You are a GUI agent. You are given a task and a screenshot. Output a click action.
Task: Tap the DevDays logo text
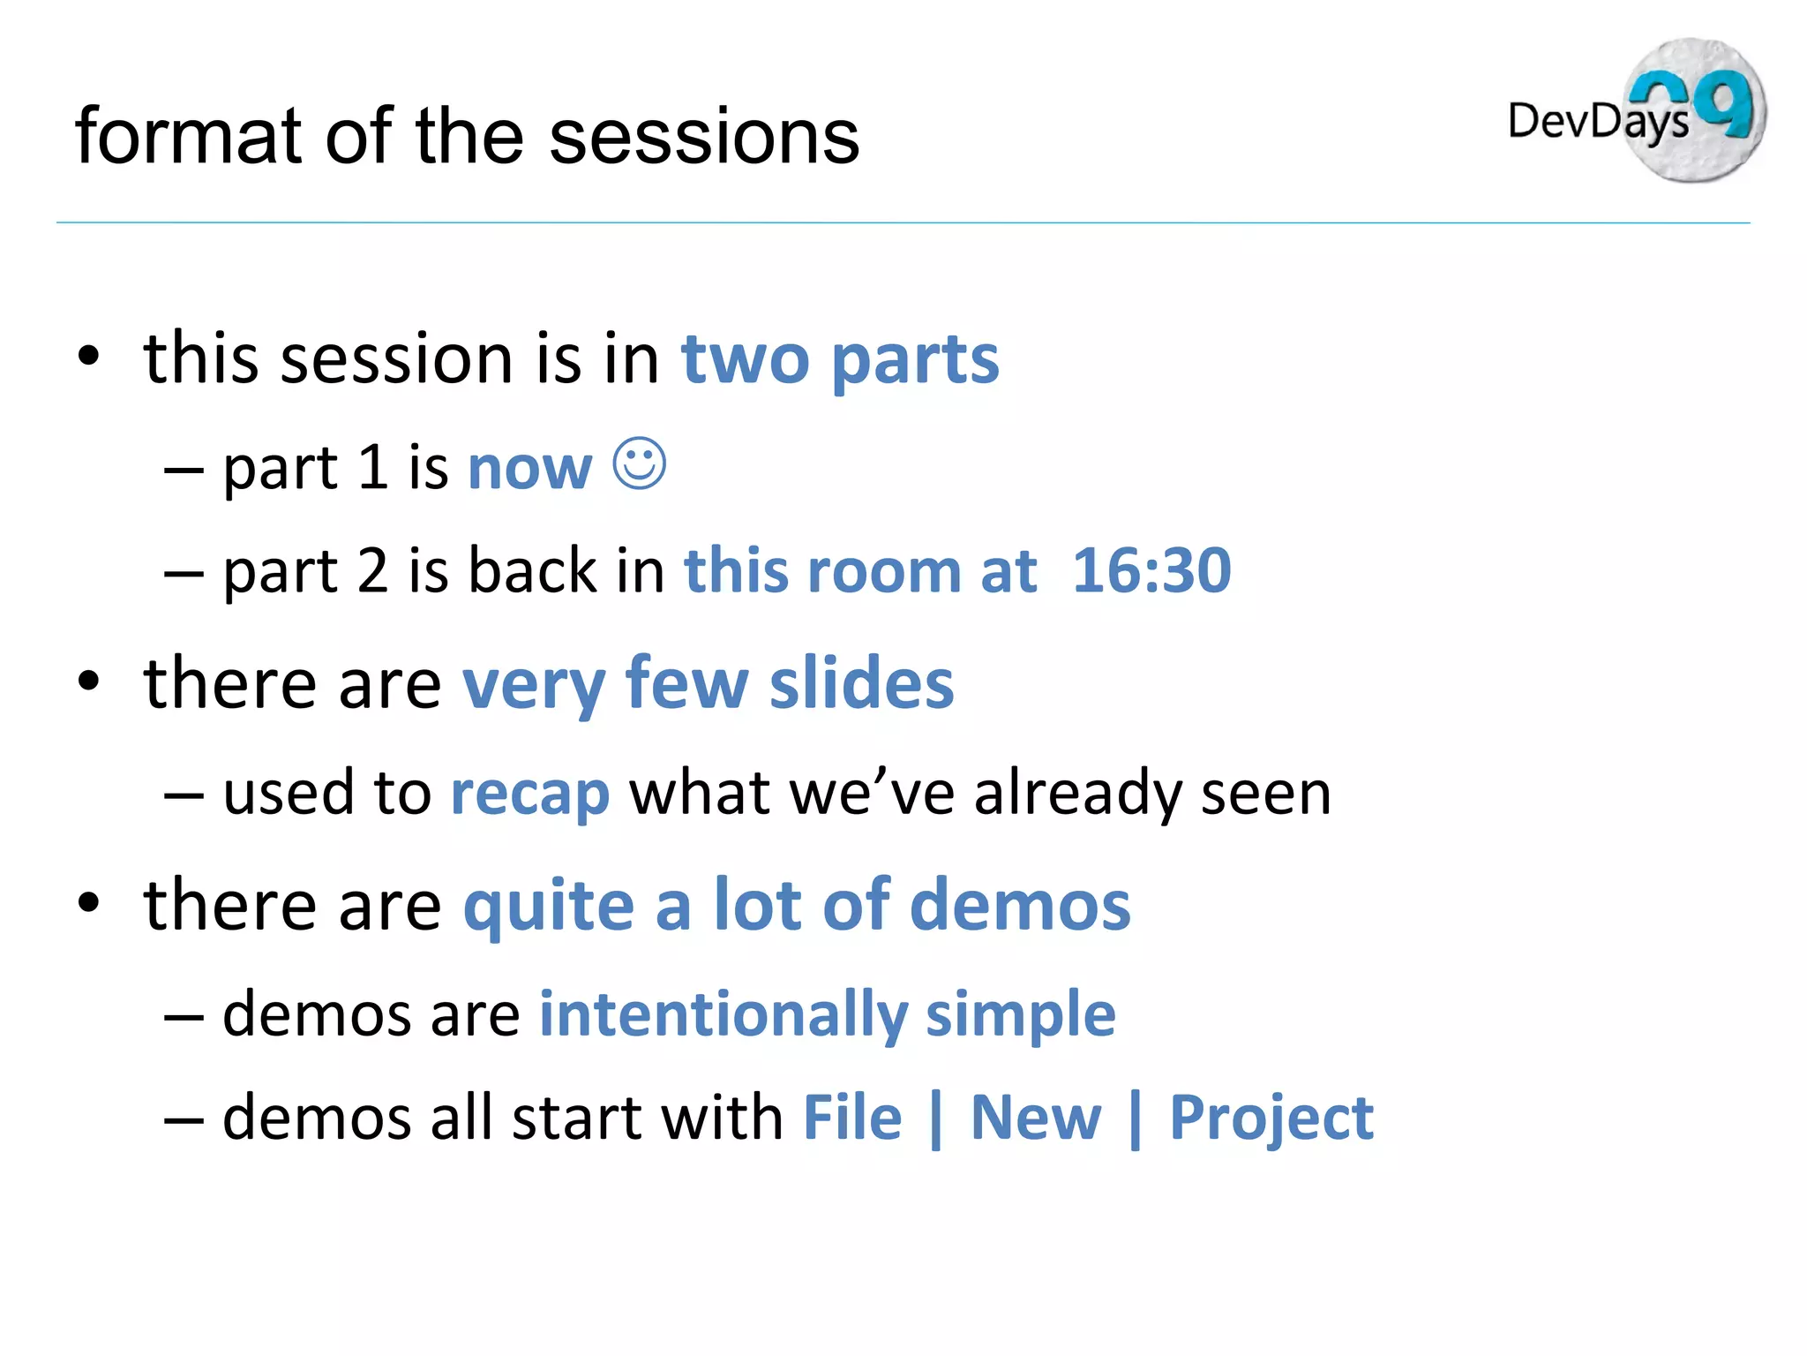(1597, 121)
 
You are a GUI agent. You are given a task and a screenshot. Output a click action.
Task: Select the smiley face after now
(639, 463)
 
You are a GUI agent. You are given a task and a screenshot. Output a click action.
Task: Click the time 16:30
(1151, 570)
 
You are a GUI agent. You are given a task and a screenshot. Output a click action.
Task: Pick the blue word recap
(529, 793)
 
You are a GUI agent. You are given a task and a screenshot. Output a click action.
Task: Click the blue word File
(852, 1118)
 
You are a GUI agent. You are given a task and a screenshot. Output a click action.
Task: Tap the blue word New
(1035, 1118)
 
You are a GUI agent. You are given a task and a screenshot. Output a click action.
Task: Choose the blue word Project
(1271, 1118)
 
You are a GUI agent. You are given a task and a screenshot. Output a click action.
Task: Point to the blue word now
(529, 468)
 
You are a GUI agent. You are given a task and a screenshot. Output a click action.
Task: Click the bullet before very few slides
(88, 682)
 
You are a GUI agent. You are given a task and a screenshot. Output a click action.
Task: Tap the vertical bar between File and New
(935, 1119)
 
